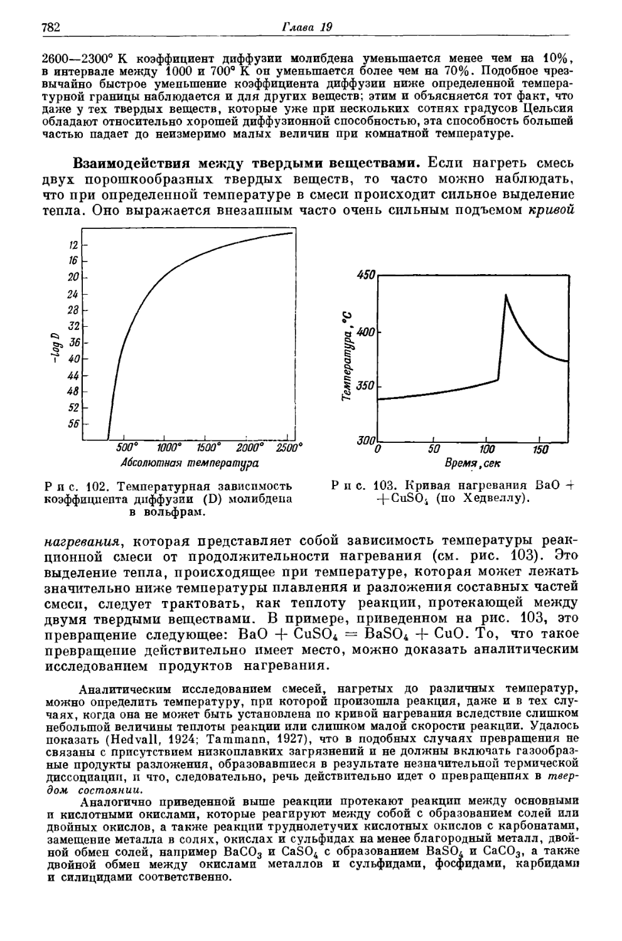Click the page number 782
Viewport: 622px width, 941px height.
49,28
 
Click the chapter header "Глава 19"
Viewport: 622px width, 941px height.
306,27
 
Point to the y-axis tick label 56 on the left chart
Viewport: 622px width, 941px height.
74,423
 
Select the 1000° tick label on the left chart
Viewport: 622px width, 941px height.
169,447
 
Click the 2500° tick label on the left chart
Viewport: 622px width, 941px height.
288,447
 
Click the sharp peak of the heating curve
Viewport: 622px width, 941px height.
506,294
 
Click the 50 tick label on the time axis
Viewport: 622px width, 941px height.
434,450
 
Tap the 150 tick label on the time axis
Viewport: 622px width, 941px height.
540,450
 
